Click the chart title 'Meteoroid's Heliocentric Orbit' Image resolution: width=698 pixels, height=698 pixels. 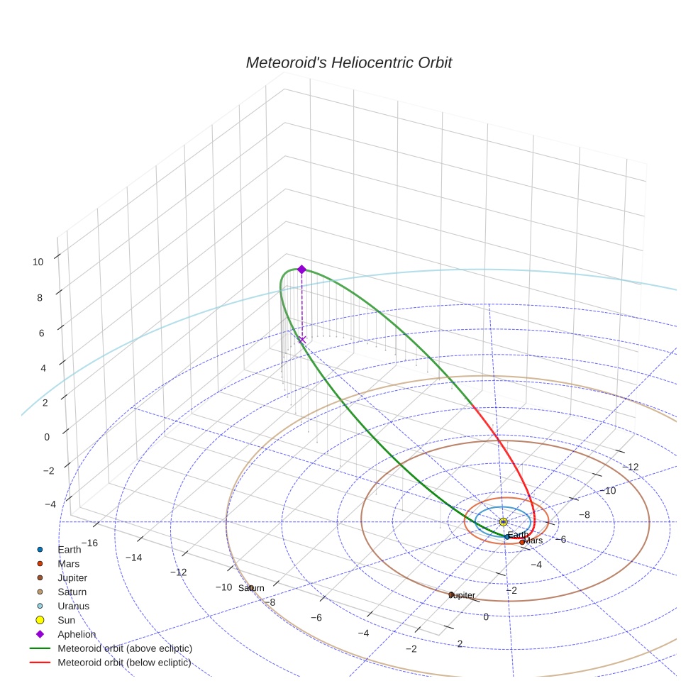tap(348, 63)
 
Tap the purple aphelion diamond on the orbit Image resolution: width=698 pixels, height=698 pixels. tap(301, 270)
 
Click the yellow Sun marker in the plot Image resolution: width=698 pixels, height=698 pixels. tap(502, 522)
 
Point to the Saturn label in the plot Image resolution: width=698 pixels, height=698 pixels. tap(251, 588)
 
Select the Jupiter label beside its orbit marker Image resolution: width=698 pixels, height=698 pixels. tap(462, 595)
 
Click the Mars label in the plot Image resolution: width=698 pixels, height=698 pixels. tap(533, 541)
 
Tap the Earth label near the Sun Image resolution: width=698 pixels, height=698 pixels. tap(518, 534)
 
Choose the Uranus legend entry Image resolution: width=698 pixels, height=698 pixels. tap(73, 606)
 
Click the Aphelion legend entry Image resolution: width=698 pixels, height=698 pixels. tap(76, 635)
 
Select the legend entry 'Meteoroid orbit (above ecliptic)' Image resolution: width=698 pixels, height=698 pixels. tap(125, 648)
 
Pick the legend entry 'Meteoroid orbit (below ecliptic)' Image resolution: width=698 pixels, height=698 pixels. tap(124, 663)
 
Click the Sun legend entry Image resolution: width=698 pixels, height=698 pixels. tap(66, 621)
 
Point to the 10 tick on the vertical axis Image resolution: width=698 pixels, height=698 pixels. tap(38, 262)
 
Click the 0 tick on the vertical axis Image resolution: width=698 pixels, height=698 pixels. tap(47, 437)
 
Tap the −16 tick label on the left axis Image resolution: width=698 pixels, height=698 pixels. tap(89, 543)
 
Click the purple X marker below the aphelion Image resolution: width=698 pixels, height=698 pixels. tap(302, 340)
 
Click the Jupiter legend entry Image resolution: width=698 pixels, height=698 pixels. tap(72, 578)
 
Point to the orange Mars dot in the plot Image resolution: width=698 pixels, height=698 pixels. tap(522, 543)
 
